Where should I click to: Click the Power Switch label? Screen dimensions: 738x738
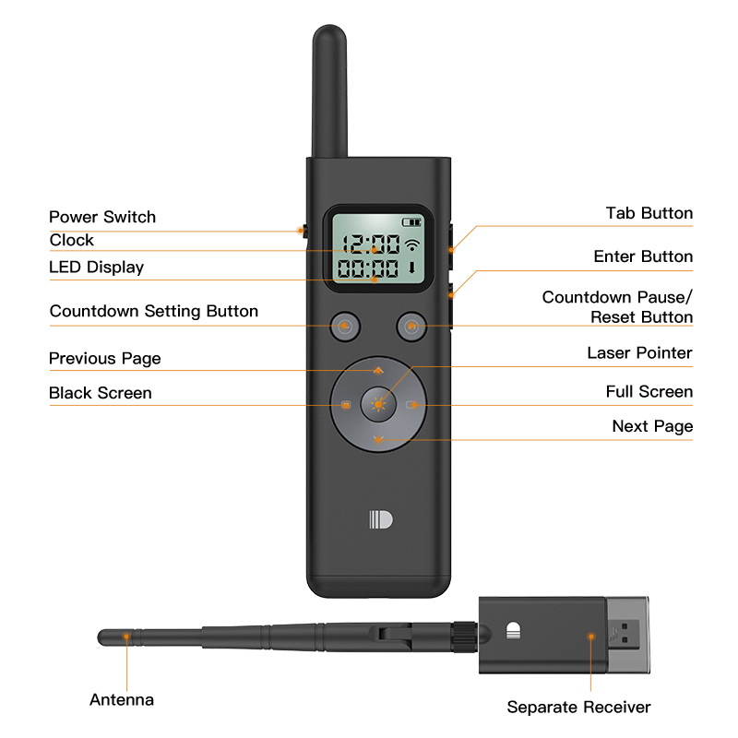tap(102, 217)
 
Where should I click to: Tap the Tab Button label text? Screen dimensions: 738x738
tap(649, 213)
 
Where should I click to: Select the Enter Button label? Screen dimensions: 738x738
tap(643, 256)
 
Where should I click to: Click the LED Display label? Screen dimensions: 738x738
tap(96, 268)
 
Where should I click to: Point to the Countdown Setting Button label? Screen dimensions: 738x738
tap(154, 311)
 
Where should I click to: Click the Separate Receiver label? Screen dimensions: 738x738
tap(578, 708)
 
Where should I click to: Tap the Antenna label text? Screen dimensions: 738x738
tap(122, 699)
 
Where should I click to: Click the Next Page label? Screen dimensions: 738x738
tap(652, 426)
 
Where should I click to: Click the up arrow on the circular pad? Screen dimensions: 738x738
tap(378, 368)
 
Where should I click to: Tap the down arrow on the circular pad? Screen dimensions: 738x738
tap(378, 439)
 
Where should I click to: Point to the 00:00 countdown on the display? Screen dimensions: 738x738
tap(369, 269)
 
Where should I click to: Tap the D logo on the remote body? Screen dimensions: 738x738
tap(380, 519)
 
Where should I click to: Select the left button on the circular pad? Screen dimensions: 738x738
tap(345, 404)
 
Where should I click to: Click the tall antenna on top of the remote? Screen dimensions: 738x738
tap(329, 92)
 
